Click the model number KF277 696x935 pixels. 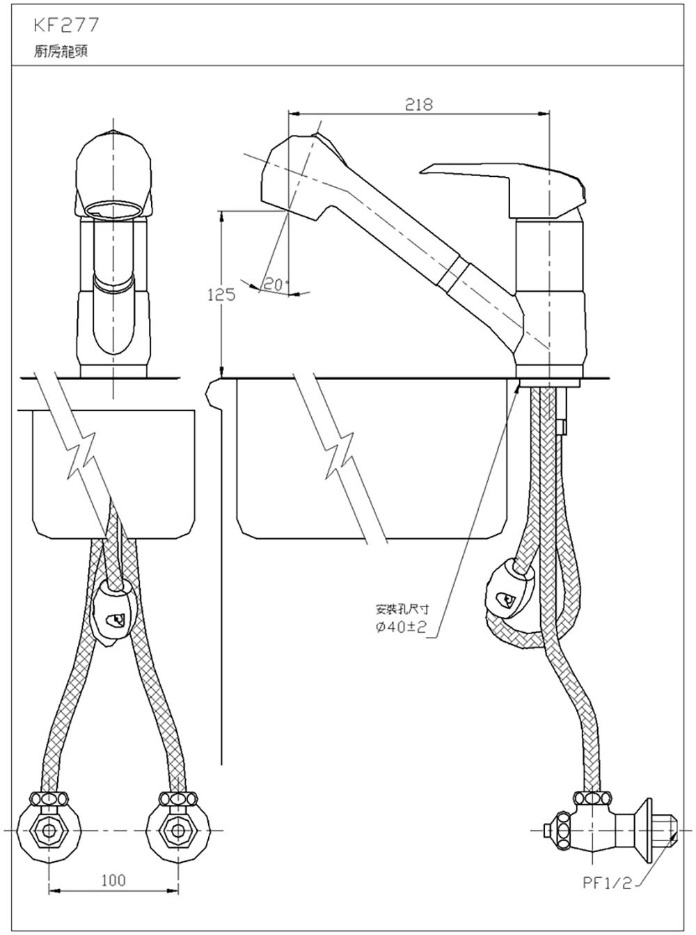(67, 26)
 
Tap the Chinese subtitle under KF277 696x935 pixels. (61, 52)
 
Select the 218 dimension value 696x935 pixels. (418, 104)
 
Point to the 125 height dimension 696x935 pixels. (221, 294)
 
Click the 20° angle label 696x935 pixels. (275, 284)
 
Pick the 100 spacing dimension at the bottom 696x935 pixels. (113, 881)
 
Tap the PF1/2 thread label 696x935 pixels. (607, 883)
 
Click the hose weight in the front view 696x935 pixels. (113, 613)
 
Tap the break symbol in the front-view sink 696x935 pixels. (82, 456)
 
